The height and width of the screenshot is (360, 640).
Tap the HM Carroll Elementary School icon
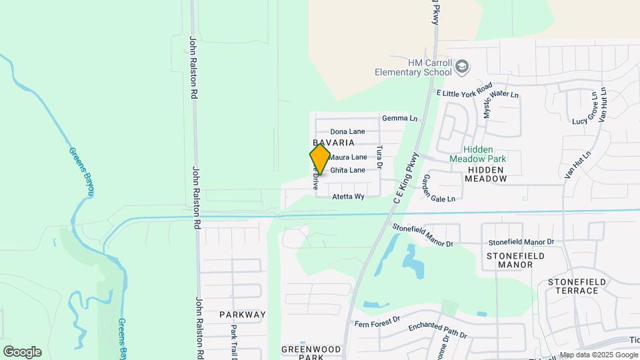pos(463,67)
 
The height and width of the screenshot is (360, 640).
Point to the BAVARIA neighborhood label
pos(333,143)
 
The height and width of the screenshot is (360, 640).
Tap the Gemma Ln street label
pos(399,119)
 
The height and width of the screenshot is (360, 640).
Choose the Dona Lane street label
pos(347,132)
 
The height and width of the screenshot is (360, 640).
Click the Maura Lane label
pos(348,157)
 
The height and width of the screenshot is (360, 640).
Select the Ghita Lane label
pos(347,171)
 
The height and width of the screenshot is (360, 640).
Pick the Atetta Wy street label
pos(348,197)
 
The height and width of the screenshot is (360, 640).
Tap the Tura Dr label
pos(379,157)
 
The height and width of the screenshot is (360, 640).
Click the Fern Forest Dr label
pos(377,321)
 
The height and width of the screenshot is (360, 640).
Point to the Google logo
pos(22,352)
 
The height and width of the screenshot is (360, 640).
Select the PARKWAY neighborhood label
pos(242,315)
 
